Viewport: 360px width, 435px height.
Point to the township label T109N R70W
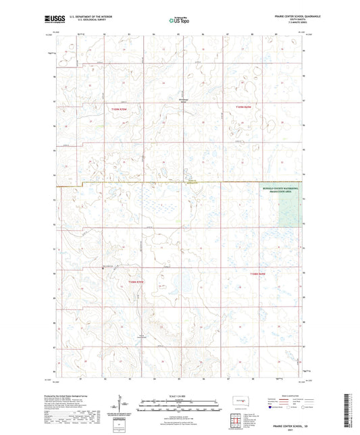pyautogui.click(x=117, y=107)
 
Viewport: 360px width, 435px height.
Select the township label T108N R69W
pyautogui.click(x=257, y=274)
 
